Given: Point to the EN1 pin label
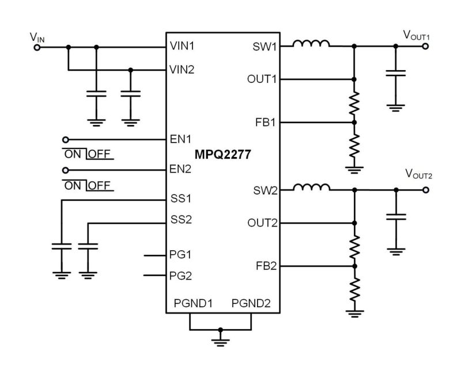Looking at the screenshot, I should pyautogui.click(x=180, y=139).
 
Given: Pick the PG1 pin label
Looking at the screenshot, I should pyautogui.click(x=181, y=254).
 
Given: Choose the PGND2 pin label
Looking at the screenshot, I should pyautogui.click(x=250, y=302).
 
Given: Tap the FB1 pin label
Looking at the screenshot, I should pyautogui.click(x=265, y=122).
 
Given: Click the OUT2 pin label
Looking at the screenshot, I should pyautogui.click(x=261, y=223).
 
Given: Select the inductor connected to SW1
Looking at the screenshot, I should pyautogui.click(x=311, y=44).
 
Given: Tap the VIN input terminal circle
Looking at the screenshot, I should pyautogui.click(x=37, y=47).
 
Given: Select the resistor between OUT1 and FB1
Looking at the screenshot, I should pyautogui.click(x=354, y=101).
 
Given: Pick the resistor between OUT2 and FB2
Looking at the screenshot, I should pyautogui.click(x=354, y=245).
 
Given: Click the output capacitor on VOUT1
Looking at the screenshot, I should pyautogui.click(x=395, y=73).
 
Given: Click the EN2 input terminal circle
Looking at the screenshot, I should pyautogui.click(x=66, y=170).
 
